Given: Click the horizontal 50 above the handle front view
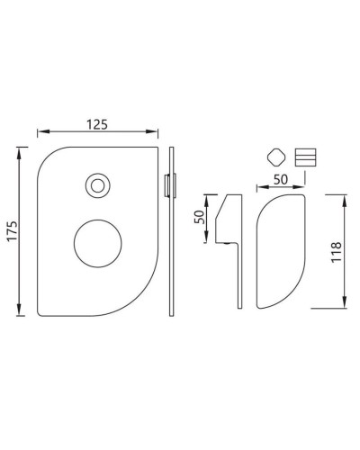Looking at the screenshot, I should pyautogui.click(x=280, y=179).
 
